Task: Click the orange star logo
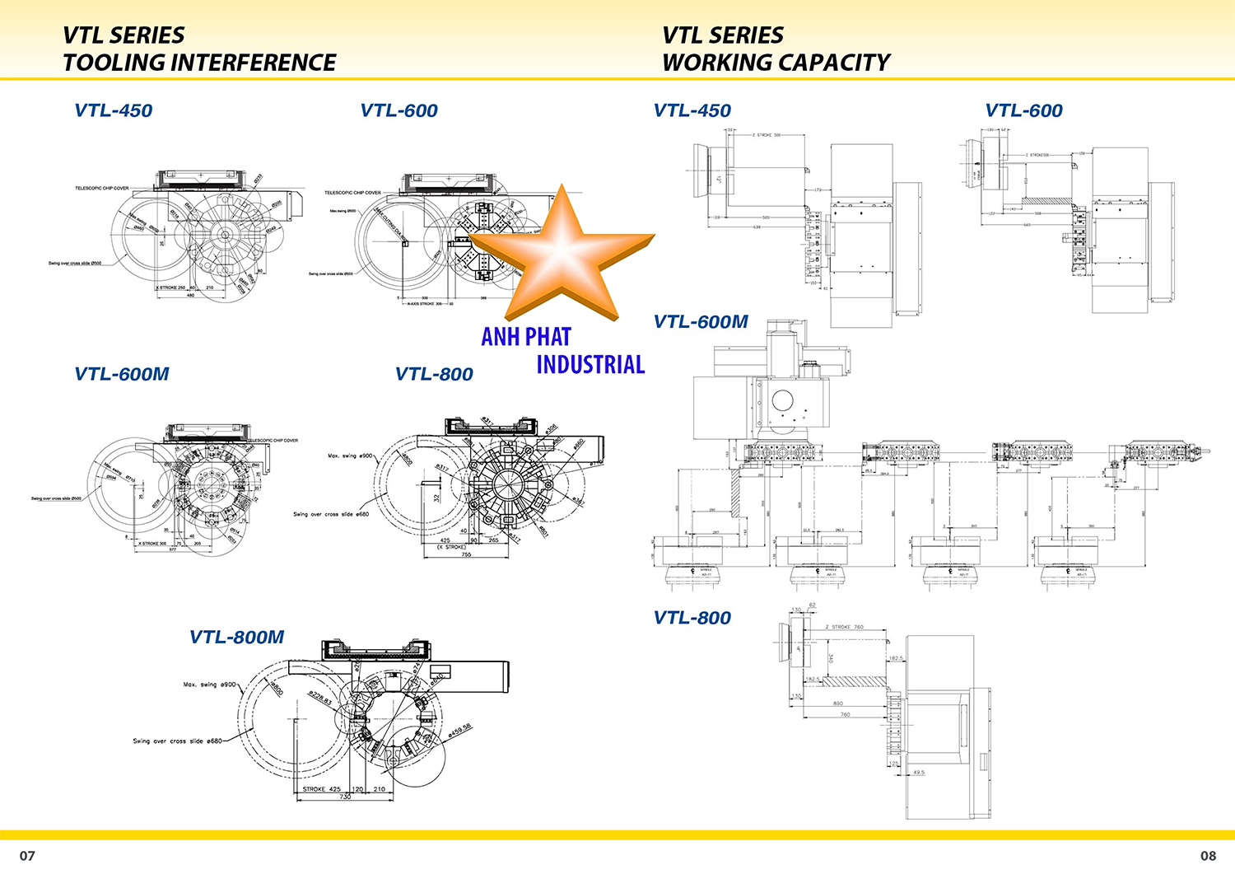pos(562,251)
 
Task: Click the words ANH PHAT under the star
pos(525,337)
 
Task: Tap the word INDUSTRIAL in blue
pos(590,364)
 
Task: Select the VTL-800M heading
pos(236,637)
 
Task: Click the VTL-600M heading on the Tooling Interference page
pos(121,374)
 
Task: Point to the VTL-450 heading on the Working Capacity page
pos(692,110)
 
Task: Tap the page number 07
pos(27,855)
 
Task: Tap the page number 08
pos(1208,855)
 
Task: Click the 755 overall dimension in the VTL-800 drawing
pos(466,554)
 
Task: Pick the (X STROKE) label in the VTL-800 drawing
pos(450,547)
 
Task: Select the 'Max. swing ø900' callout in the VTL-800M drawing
pos(209,685)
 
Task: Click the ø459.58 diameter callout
pos(459,730)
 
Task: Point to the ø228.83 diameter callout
pos(320,699)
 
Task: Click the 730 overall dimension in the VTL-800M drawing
pos(344,797)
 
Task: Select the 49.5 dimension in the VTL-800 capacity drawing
pos(919,772)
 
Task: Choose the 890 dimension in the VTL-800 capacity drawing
pos(837,703)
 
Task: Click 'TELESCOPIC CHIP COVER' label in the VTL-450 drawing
pos(101,188)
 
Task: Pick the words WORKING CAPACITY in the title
pos(776,63)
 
